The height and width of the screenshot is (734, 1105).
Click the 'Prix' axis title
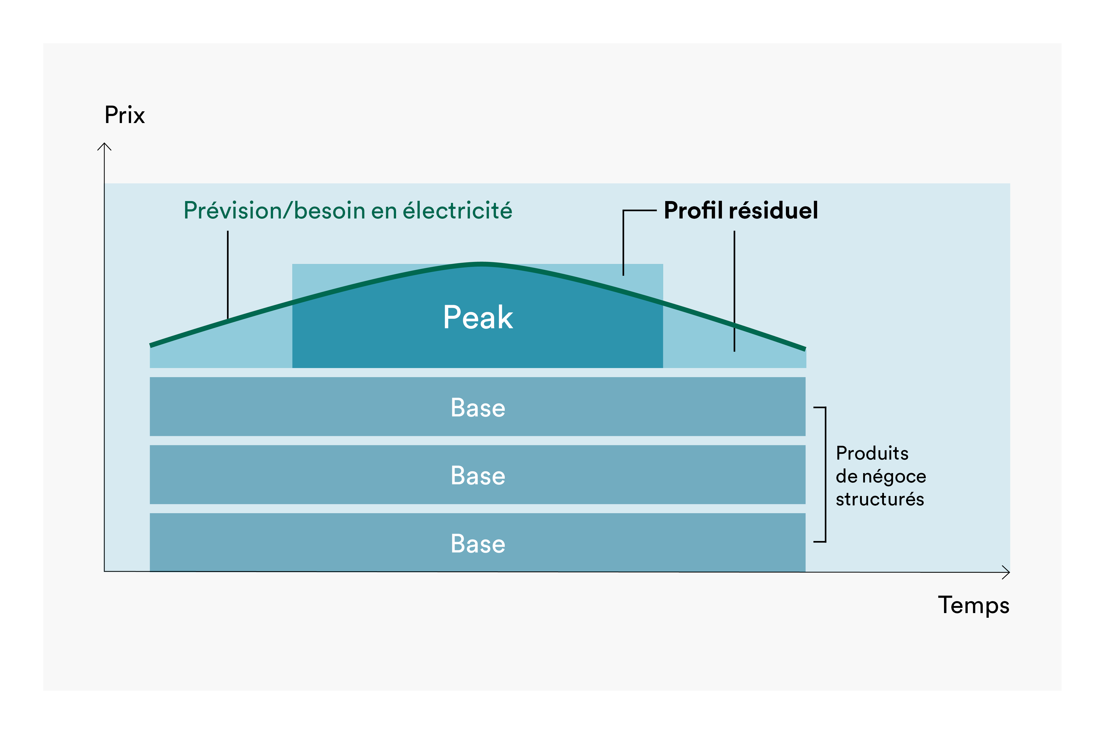click(x=125, y=115)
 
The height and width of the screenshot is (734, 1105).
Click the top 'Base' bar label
click(x=478, y=408)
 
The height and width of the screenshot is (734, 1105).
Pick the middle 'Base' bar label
click(x=478, y=476)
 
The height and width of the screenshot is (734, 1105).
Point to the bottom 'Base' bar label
click(x=478, y=544)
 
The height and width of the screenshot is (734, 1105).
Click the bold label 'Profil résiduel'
click(x=741, y=210)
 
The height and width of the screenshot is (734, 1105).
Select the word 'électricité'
click(x=457, y=210)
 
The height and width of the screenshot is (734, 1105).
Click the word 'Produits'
click(x=872, y=453)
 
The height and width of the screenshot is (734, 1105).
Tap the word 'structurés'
click(x=880, y=499)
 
